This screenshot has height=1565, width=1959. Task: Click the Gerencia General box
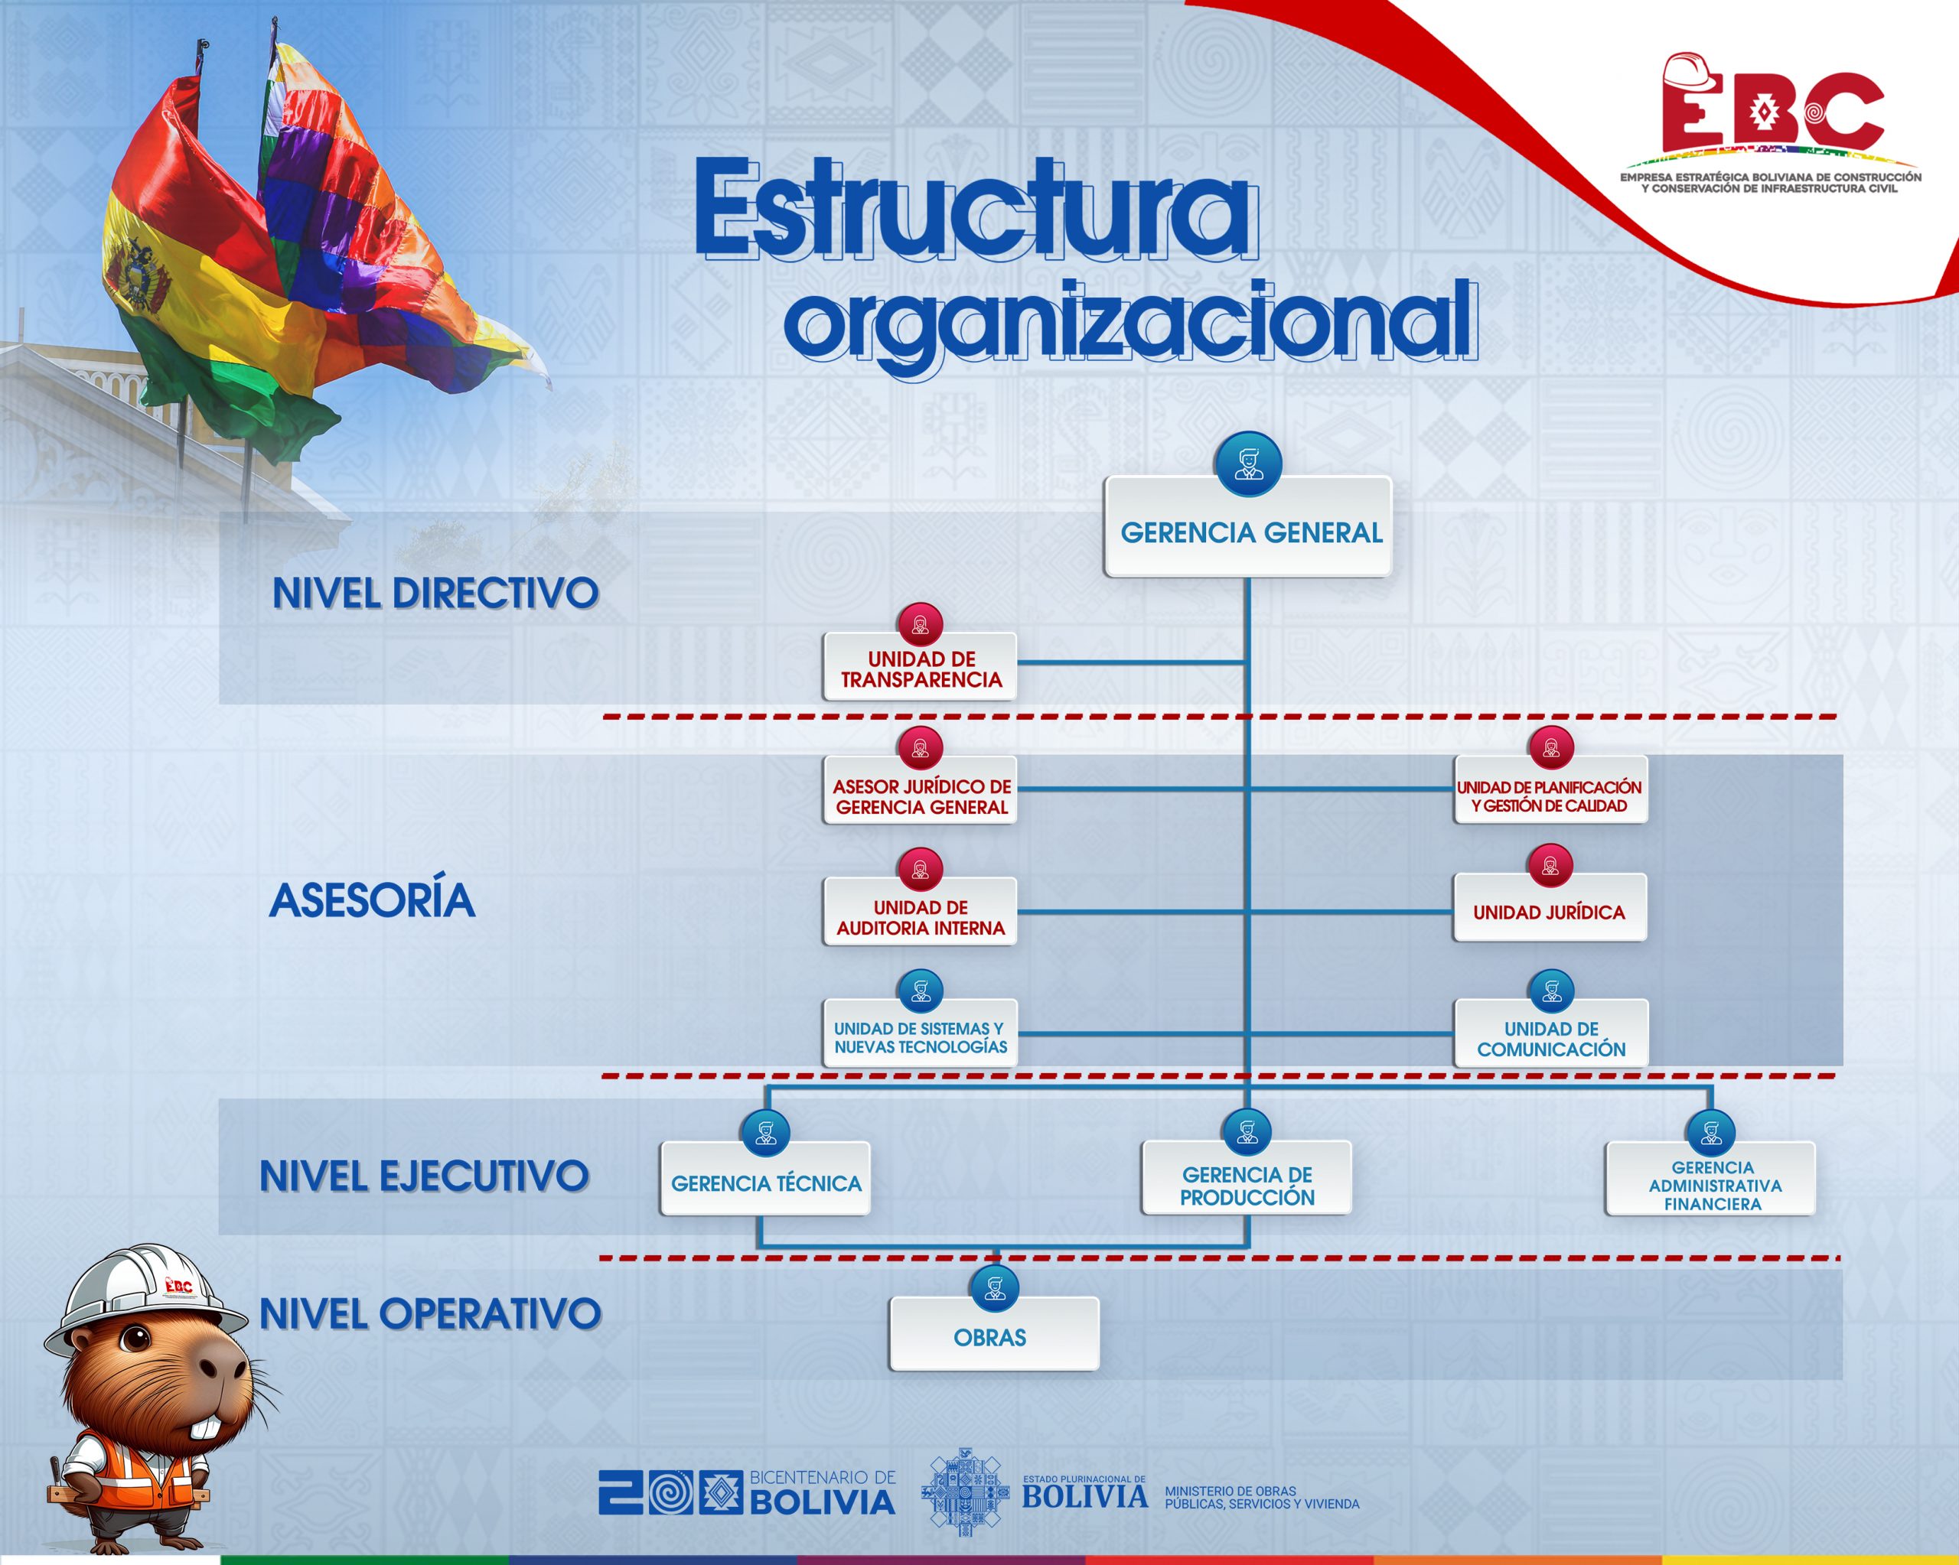pyautogui.click(x=1247, y=527)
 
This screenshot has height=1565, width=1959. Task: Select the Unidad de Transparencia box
pyautogui.click(x=920, y=667)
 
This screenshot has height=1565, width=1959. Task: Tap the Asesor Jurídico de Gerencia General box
pyautogui.click(x=920, y=790)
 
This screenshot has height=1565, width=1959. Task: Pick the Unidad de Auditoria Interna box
pyautogui.click(x=920, y=912)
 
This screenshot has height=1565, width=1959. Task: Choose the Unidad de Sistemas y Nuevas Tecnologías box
pyautogui.click(x=920, y=1033)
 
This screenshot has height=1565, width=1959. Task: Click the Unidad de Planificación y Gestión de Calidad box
pyautogui.click(x=1550, y=790)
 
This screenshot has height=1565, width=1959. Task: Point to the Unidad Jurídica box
pyautogui.click(x=1550, y=908)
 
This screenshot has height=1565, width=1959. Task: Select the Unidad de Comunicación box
pyautogui.click(x=1551, y=1033)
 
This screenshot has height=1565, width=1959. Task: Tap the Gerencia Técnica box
pyautogui.click(x=765, y=1179)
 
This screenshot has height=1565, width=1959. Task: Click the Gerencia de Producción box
pyautogui.click(x=1247, y=1178)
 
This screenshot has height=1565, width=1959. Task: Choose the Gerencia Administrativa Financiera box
pyautogui.click(x=1711, y=1179)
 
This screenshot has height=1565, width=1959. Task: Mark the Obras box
pyautogui.click(x=994, y=1334)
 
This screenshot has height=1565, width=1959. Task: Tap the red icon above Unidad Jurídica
pyautogui.click(x=1550, y=866)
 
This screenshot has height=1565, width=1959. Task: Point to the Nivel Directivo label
pyautogui.click(x=435, y=594)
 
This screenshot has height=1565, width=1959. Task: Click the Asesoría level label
pyautogui.click(x=373, y=900)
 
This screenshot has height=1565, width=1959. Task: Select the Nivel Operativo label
pyautogui.click(x=431, y=1313)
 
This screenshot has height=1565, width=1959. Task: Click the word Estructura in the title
pyautogui.click(x=975, y=210)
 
